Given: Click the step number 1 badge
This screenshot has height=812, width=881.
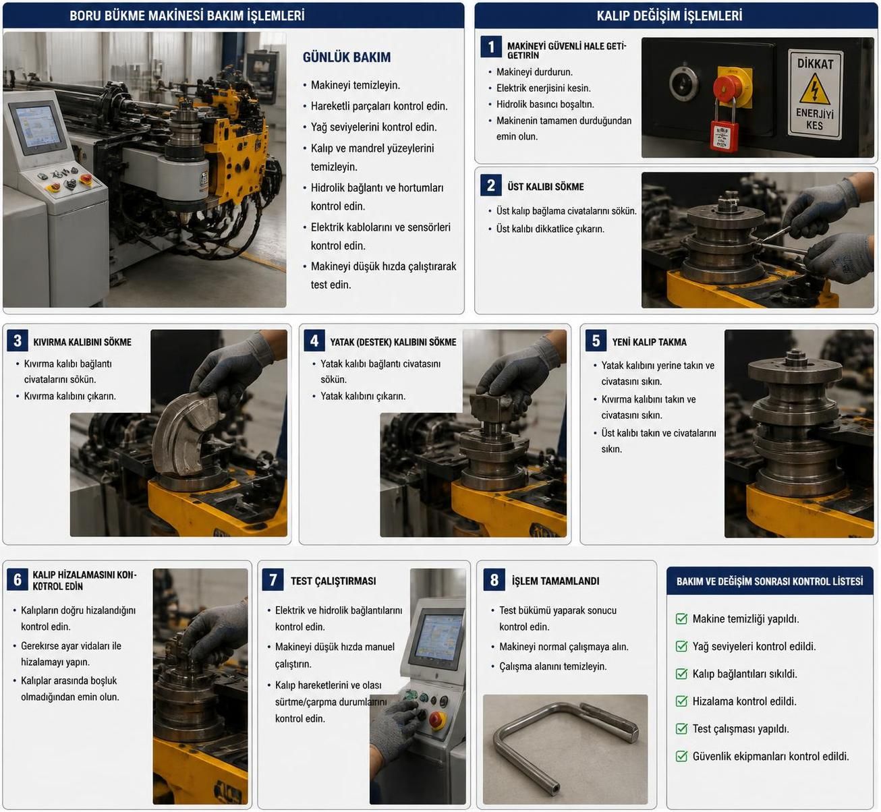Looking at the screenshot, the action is pyautogui.click(x=490, y=47).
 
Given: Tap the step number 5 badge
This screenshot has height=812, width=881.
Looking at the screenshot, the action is pyautogui.click(x=596, y=341).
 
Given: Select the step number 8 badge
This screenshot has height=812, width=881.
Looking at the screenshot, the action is pyautogui.click(x=494, y=580).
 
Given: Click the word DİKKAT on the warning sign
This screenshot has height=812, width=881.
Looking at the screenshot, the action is pyautogui.click(x=815, y=63).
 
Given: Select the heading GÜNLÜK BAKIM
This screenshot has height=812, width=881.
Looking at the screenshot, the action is pyautogui.click(x=347, y=57).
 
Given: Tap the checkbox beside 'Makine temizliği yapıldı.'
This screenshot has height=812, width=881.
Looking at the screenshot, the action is pyautogui.click(x=681, y=618).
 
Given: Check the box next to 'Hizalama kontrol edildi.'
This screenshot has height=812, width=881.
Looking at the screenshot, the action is pyautogui.click(x=681, y=701).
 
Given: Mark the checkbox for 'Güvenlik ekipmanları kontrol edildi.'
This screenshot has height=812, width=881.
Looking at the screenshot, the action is pyautogui.click(x=681, y=756).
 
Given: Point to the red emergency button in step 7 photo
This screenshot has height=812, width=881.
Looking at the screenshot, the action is pyautogui.click(x=437, y=720).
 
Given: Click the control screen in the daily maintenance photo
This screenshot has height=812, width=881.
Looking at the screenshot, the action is pyautogui.click(x=36, y=127).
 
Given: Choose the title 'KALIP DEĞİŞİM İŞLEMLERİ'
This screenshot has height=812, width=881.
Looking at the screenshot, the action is pyautogui.click(x=669, y=16).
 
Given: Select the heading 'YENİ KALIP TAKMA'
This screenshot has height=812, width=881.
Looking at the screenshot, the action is pyautogui.click(x=649, y=342).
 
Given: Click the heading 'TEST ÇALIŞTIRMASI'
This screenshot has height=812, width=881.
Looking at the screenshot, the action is pyautogui.click(x=333, y=581).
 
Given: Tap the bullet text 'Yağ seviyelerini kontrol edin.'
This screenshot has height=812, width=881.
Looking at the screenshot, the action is pyautogui.click(x=374, y=127).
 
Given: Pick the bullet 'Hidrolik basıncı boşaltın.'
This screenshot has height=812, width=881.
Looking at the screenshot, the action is pyautogui.click(x=545, y=105).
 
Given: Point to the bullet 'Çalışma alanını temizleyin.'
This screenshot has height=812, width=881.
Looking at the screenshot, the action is pyautogui.click(x=552, y=666).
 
